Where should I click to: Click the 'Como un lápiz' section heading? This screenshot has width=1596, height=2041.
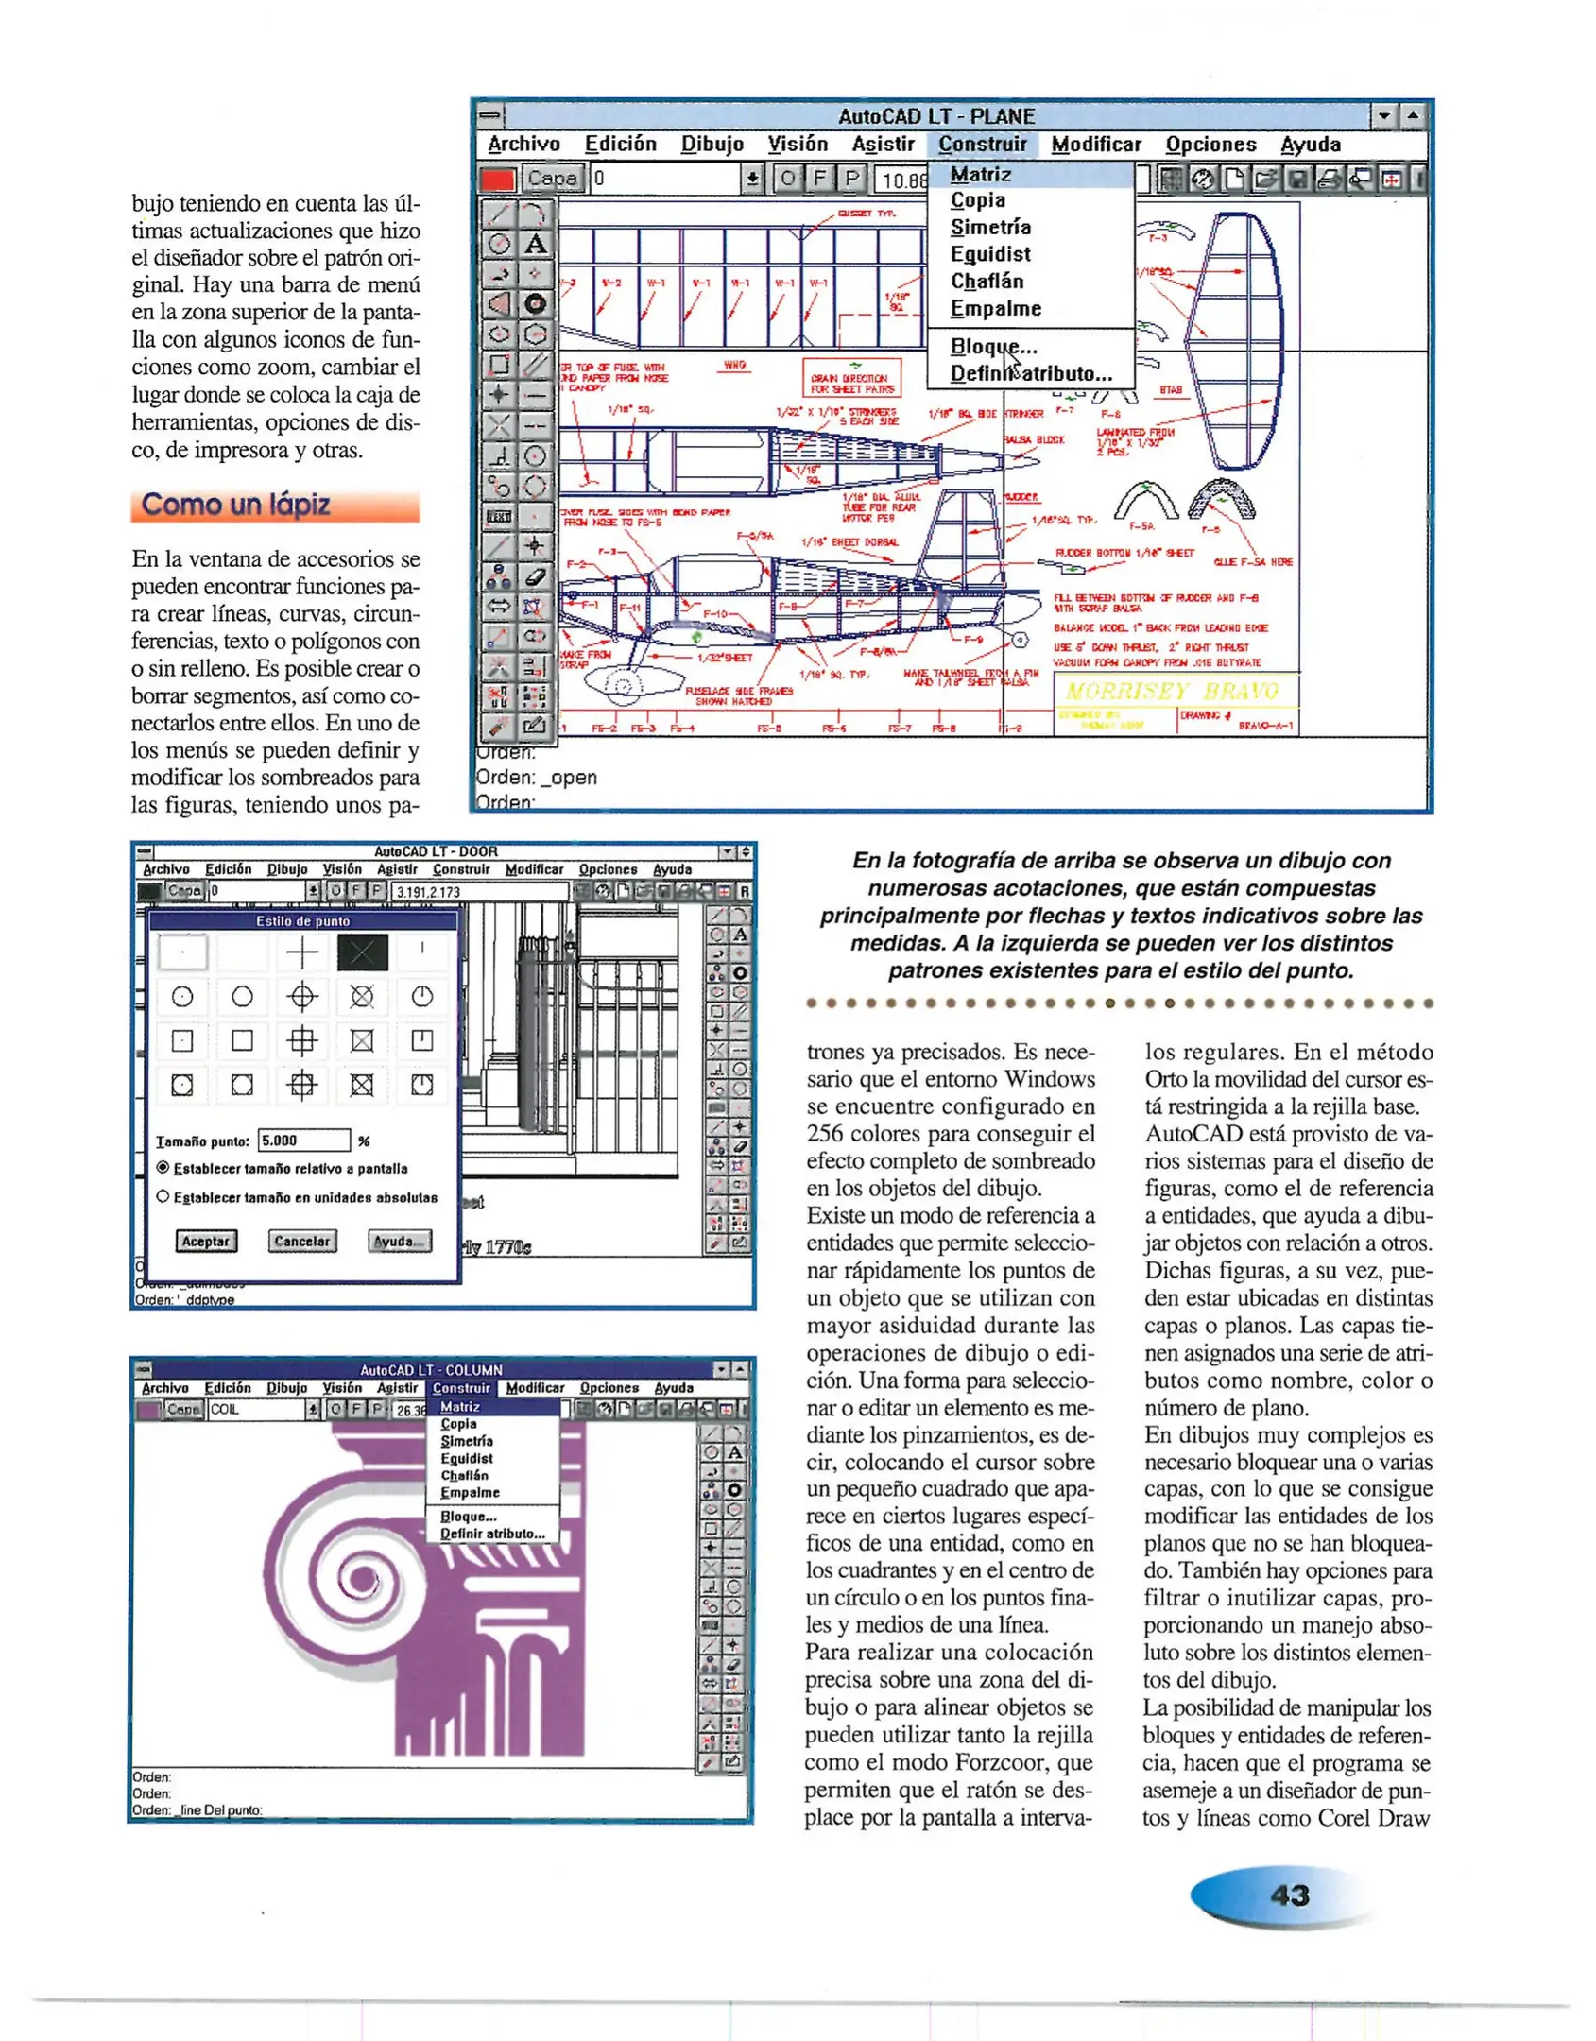click(x=236, y=505)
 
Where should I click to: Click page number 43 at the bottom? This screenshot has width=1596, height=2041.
click(x=1290, y=1895)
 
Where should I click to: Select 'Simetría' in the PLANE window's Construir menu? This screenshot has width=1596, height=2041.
click(x=989, y=227)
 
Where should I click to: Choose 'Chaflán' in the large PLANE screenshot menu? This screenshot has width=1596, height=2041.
click(x=987, y=282)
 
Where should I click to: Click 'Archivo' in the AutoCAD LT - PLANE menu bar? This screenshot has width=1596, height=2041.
click(x=523, y=145)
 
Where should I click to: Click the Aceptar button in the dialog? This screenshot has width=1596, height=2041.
click(x=205, y=1241)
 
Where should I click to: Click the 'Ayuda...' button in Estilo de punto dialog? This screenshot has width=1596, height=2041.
click(x=400, y=1241)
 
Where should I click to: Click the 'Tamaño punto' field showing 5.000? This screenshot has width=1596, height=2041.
click(x=303, y=1141)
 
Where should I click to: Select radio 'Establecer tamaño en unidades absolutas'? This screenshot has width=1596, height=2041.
click(x=163, y=1196)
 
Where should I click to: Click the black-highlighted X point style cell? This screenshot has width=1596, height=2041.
click(x=362, y=952)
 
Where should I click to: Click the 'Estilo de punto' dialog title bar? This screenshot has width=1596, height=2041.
click(x=302, y=920)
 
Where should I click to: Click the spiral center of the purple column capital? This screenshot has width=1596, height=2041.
click(x=360, y=1578)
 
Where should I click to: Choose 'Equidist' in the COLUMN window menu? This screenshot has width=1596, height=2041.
click(x=466, y=1458)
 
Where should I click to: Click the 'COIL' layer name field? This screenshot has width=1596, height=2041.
click(x=255, y=1409)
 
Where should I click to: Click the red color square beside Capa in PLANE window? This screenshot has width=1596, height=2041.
click(x=498, y=179)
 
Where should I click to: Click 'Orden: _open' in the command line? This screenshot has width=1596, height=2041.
click(x=536, y=778)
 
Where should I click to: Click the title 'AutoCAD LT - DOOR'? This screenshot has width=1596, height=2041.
click(x=436, y=851)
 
